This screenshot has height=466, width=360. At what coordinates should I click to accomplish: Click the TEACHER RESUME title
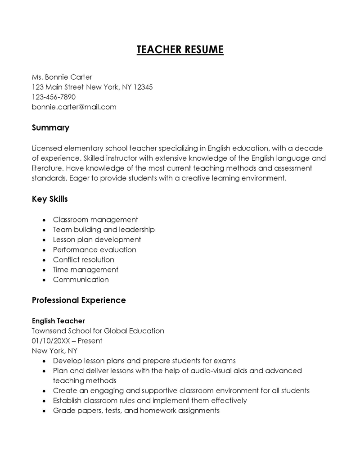click(x=180, y=49)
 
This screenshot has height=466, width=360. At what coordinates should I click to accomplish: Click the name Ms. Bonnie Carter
click(x=62, y=77)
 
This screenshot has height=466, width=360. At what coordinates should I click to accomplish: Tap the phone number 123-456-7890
click(x=54, y=97)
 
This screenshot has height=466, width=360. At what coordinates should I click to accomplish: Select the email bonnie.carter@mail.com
click(x=74, y=107)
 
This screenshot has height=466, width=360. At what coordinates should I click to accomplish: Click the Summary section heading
click(x=50, y=127)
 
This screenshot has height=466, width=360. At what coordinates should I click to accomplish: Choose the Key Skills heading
click(x=49, y=199)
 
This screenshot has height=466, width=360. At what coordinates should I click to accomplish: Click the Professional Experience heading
click(x=79, y=300)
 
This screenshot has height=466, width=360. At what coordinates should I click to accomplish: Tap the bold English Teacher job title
click(x=58, y=321)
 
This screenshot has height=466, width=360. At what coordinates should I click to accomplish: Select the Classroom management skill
click(x=95, y=220)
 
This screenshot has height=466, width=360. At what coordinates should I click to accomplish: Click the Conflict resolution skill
click(x=83, y=259)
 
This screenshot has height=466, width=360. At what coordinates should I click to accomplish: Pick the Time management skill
click(x=85, y=270)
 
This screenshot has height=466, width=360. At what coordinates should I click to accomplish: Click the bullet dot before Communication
click(x=44, y=280)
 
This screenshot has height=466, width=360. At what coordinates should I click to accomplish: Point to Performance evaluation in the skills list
click(x=94, y=249)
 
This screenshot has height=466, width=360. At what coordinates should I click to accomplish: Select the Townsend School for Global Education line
click(x=98, y=331)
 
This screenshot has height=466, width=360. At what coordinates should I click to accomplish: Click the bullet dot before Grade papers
click(x=44, y=411)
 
